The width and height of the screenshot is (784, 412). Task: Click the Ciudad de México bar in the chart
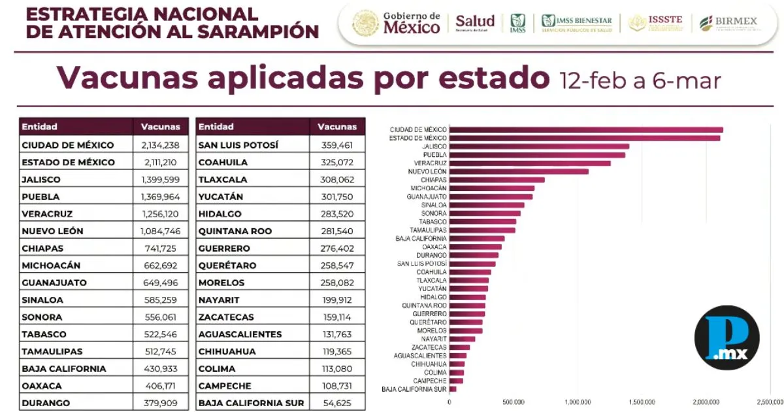pos(586,129)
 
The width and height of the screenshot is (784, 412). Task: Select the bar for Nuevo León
pos(519,171)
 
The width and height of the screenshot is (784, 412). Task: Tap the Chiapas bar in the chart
pos(497,180)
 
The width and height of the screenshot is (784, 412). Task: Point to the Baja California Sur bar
pos(453,389)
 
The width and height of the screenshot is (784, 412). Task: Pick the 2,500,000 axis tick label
pos(769,402)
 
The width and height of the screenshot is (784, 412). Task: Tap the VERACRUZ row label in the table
pos(47,214)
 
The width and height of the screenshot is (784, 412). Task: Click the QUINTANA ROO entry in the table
pos(235,231)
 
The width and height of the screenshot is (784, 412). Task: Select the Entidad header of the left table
pos(40,126)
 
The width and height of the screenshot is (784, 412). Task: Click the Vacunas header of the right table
pos(337,126)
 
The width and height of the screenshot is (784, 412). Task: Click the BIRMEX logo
pos(728,23)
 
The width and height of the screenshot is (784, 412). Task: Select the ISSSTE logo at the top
pos(656,23)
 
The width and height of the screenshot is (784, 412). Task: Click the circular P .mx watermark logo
pos(727,339)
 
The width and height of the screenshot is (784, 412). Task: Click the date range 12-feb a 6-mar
pos(640,80)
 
